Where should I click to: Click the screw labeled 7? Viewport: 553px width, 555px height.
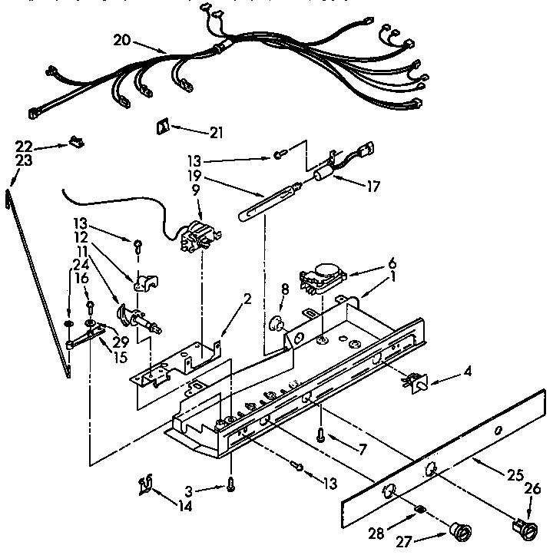[320, 434]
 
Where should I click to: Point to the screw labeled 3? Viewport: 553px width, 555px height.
[230, 483]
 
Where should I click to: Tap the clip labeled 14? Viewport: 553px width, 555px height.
[144, 484]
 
